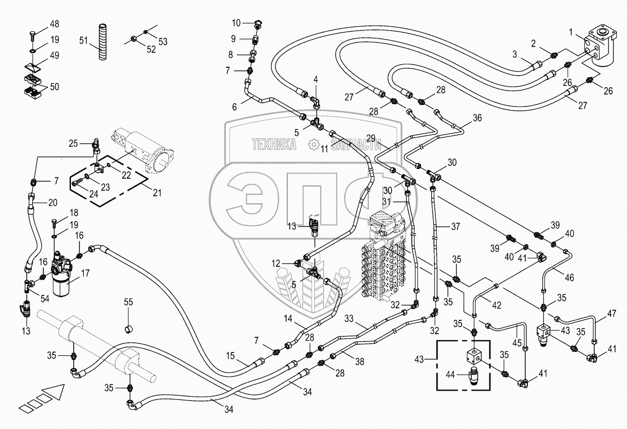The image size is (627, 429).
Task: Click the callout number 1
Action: (x=571, y=32)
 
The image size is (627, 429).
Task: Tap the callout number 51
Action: (x=83, y=41)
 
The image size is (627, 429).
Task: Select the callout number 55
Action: (x=128, y=302)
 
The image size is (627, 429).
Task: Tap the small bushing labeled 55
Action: (x=129, y=329)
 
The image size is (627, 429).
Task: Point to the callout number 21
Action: (x=157, y=193)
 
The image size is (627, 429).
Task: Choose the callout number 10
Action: (x=236, y=23)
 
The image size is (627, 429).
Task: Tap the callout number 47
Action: (x=611, y=314)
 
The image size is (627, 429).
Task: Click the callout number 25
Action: (x=73, y=143)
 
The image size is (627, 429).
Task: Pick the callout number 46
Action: (x=569, y=277)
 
